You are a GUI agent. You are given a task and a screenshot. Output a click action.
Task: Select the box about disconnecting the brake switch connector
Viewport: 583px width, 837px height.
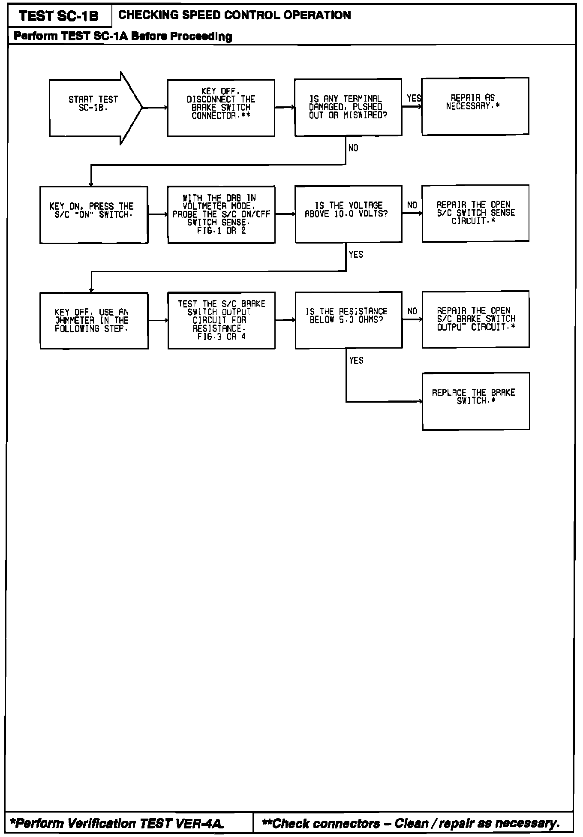(x=221, y=108)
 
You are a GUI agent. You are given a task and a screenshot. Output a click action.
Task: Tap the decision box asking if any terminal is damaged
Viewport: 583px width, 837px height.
(x=348, y=107)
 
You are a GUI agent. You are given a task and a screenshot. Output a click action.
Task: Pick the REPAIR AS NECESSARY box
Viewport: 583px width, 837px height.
(x=475, y=106)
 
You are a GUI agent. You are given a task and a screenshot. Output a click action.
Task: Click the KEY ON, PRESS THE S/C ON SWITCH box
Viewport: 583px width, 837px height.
(x=94, y=215)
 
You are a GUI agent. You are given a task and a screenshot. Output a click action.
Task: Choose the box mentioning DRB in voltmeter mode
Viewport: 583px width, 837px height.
(x=221, y=215)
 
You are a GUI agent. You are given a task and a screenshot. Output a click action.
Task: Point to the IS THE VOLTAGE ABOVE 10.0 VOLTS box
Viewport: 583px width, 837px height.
(x=348, y=214)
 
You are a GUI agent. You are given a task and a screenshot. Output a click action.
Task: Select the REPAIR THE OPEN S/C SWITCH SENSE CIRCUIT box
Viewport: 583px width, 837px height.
(x=475, y=214)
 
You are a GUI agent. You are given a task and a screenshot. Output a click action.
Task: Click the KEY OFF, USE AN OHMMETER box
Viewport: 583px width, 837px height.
(x=94, y=321)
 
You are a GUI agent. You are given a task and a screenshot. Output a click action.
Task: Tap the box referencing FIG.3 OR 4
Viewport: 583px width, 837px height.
(x=221, y=321)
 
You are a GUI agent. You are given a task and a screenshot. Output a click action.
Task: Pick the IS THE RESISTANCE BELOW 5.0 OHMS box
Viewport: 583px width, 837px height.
(x=349, y=320)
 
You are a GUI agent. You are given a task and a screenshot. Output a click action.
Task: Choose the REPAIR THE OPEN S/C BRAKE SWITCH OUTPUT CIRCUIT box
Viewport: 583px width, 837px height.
(x=475, y=319)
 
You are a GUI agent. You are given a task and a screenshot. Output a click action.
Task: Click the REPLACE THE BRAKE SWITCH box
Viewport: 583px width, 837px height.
(x=476, y=401)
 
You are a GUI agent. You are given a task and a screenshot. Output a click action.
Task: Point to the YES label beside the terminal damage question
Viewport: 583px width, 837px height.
(x=414, y=98)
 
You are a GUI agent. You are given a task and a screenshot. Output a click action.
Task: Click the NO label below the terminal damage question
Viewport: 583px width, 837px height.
(x=353, y=148)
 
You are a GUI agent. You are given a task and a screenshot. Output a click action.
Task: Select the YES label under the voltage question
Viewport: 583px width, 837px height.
(x=356, y=255)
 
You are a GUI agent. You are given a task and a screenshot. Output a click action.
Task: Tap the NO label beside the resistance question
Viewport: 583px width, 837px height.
(x=412, y=311)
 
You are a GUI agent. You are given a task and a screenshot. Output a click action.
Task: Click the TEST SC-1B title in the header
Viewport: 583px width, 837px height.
(x=59, y=16)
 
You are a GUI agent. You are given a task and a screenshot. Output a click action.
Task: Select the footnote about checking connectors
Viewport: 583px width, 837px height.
(x=411, y=823)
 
